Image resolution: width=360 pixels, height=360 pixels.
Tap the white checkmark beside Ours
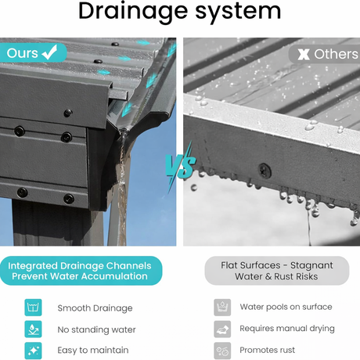pyautogui.click(x=50, y=52)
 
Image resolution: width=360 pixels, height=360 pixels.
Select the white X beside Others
pyautogui.click(x=304, y=54)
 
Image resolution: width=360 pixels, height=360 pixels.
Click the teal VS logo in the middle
pyautogui.click(x=180, y=167)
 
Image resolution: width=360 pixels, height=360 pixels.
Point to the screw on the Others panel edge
pyautogui.click(x=265, y=171)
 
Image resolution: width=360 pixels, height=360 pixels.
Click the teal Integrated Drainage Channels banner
pyautogui.click(x=81, y=271)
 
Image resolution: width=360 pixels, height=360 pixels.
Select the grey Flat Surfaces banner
pyautogui.click(x=277, y=271)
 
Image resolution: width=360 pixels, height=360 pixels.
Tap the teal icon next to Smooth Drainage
pyautogui.click(x=33, y=308)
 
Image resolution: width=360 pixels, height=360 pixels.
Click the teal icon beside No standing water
pyautogui.click(x=33, y=329)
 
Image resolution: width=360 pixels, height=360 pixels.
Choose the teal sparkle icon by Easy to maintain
pyautogui.click(x=33, y=351)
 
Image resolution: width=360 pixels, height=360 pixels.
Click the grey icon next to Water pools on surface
pyautogui.click(x=222, y=308)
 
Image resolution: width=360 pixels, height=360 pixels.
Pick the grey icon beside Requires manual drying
pyautogui.click(x=222, y=329)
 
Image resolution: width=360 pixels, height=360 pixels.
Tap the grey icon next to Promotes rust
pyautogui.click(x=222, y=351)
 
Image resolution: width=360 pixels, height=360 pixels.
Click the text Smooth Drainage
pyautogui.click(x=95, y=308)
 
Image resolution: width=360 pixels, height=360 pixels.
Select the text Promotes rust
pyautogui.click(x=268, y=350)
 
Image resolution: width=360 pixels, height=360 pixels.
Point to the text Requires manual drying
pyautogui.click(x=287, y=329)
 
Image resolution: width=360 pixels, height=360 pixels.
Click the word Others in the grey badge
pyautogui.click(x=336, y=54)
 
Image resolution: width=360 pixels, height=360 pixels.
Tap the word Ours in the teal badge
pyautogui.click(x=23, y=53)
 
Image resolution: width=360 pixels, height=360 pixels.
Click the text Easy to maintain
pyautogui.click(x=93, y=350)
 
